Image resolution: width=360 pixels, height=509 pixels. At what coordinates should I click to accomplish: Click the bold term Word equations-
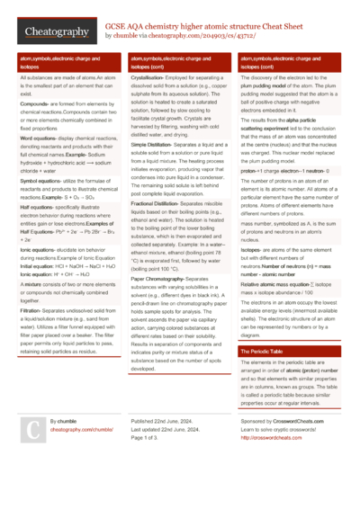point(39,138)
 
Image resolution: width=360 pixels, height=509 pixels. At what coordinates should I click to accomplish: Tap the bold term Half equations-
point(37,206)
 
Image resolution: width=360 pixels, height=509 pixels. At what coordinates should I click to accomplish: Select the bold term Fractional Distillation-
point(159,203)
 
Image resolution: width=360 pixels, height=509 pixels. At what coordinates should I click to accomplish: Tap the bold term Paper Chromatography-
point(163,278)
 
